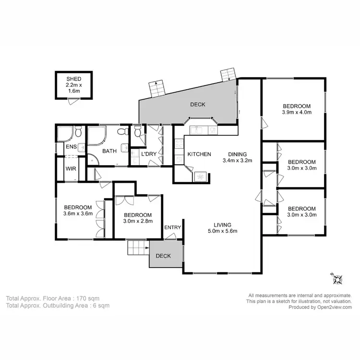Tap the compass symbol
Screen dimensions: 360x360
point(337,277)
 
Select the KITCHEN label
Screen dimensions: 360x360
point(199,154)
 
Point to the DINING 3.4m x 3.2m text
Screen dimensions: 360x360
point(237,157)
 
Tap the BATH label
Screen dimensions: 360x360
point(109,151)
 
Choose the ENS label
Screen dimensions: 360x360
point(71,147)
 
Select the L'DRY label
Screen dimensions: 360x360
point(148,154)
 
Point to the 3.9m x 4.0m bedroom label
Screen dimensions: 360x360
point(296,109)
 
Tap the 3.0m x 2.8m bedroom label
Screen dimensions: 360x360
point(138,218)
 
